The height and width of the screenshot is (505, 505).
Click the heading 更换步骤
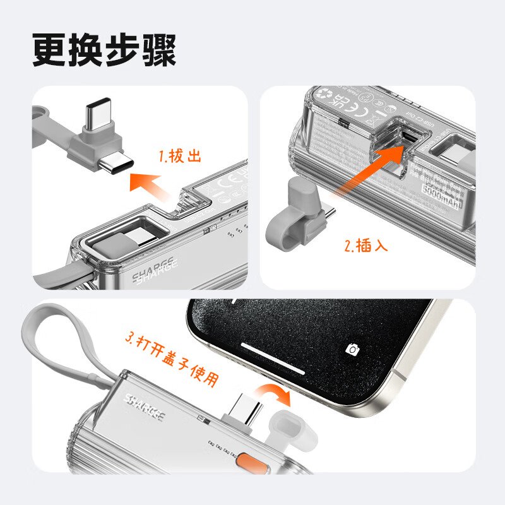(104, 49)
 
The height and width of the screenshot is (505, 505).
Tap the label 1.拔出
(181, 156)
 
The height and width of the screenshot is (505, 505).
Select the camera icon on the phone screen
(352, 348)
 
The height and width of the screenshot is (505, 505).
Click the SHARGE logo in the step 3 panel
(145, 408)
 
